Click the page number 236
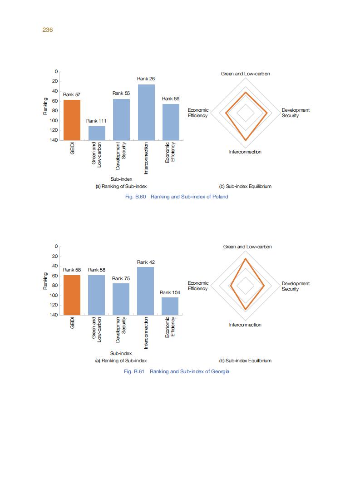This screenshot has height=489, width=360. pos(48,30)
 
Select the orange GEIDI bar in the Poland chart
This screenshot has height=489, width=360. pos(72,120)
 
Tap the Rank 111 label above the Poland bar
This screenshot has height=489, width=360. pos(96,121)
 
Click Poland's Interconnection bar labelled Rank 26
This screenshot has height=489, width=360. pos(146,112)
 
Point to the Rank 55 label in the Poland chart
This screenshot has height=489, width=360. pos(121,93)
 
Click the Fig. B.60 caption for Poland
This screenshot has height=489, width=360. pos(176,197)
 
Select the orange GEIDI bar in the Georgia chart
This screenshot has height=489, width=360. pos(72,295)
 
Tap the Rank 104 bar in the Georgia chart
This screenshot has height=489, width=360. pos(170,306)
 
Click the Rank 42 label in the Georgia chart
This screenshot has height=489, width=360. pos(146,262)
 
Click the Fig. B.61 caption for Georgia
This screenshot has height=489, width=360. pos(176,371)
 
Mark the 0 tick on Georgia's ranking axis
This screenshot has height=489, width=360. pos(56,246)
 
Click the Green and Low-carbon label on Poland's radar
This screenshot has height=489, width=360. pos(245,74)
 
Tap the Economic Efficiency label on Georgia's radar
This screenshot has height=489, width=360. pos(198,286)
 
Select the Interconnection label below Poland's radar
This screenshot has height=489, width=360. pos(245,152)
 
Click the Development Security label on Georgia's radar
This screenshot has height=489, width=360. pos(296,286)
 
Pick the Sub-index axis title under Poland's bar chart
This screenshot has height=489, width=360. pos(121,179)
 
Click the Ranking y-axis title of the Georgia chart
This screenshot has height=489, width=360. pos(45,281)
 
